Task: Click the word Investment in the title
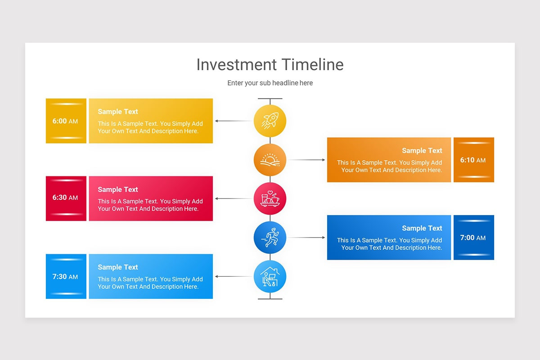tap(237, 65)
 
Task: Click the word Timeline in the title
tap(313, 65)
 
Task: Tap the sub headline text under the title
tap(270, 83)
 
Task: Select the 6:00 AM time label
tap(65, 121)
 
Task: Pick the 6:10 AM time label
tap(473, 160)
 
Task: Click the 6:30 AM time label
tap(65, 198)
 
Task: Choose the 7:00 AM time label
tap(473, 238)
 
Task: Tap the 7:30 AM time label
tap(65, 277)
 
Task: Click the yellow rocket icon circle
tap(270, 121)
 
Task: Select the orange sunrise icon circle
tap(270, 160)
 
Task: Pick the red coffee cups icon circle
tap(270, 198)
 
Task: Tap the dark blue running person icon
tap(270, 237)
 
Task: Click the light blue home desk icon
tap(270, 276)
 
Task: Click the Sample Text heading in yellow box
tap(118, 112)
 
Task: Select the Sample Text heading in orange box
tap(422, 151)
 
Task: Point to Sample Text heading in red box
tap(118, 189)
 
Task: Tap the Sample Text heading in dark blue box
tap(422, 228)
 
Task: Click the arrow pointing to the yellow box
tap(233, 121)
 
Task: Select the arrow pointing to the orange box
tap(306, 160)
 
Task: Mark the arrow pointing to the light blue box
tap(233, 276)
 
